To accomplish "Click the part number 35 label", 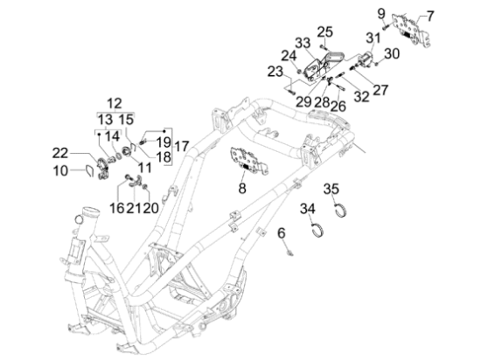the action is (331, 189).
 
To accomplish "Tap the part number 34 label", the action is (308, 209).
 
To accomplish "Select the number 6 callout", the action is (282, 233).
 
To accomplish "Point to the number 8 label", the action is (242, 188).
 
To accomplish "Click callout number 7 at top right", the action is (430, 17).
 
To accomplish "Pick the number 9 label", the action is (381, 14).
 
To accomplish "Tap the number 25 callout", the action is (324, 31).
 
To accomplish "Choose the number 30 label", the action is (392, 54).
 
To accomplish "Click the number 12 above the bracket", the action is (114, 103).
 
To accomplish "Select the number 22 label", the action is (59, 153).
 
